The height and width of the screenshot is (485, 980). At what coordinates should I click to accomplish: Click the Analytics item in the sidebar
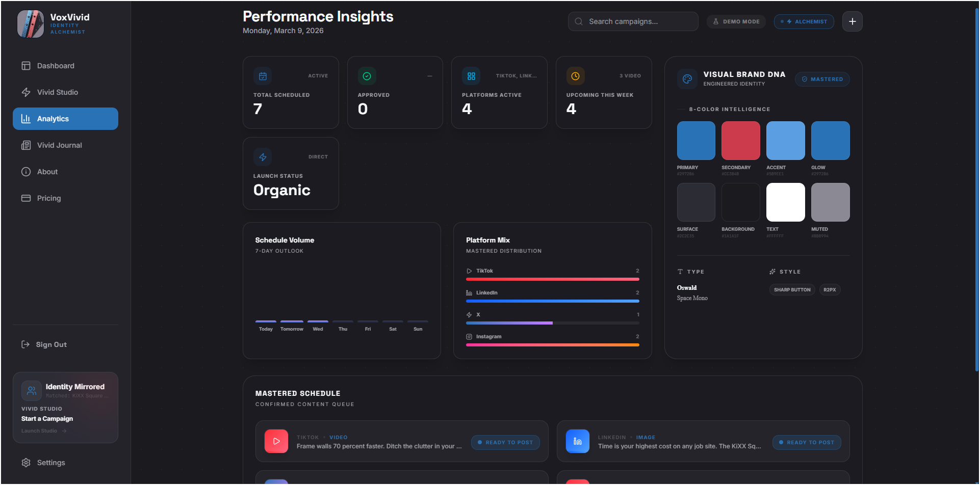[65, 119]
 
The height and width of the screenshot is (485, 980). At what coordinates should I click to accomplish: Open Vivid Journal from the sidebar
[59, 145]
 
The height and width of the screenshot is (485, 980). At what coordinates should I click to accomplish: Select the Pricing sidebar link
[48, 198]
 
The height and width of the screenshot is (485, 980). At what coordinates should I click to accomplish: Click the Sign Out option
[51, 344]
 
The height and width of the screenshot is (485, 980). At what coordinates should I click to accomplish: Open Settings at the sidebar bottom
[50, 463]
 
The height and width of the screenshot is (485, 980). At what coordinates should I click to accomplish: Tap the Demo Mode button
[736, 21]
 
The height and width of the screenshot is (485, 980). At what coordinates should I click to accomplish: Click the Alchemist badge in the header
[804, 21]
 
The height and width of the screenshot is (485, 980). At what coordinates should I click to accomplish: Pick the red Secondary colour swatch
[740, 141]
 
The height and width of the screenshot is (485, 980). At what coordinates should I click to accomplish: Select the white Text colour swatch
[785, 202]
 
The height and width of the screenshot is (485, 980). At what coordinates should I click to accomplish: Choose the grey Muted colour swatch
[830, 202]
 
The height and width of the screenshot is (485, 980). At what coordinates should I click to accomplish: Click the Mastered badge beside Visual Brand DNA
[822, 79]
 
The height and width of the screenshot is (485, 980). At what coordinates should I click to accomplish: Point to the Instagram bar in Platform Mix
[552, 345]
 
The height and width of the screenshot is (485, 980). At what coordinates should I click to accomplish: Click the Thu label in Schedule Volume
[343, 329]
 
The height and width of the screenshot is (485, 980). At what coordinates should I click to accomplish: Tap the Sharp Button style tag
[792, 290]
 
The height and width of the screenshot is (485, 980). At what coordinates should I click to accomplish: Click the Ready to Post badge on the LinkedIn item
[806, 442]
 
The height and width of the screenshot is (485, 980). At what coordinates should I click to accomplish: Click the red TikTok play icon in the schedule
[276, 441]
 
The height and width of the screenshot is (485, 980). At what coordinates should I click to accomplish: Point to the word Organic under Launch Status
[282, 190]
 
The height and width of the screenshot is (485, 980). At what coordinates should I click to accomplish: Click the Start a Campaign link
[47, 419]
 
